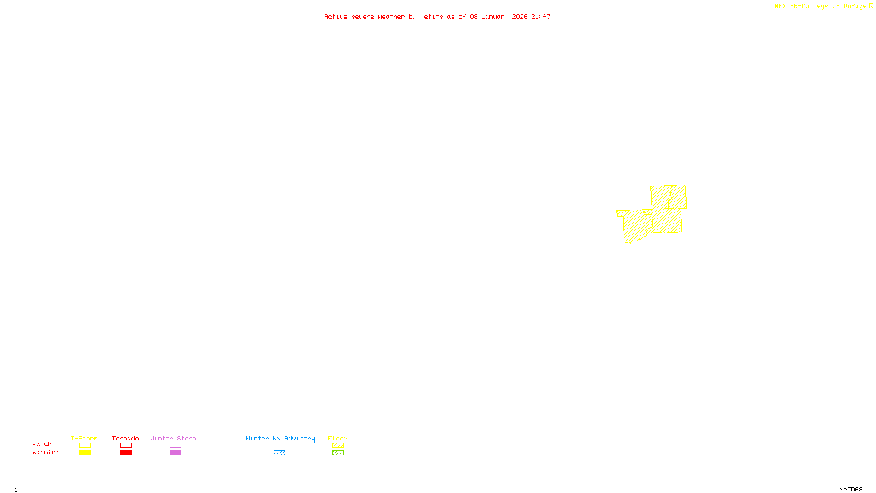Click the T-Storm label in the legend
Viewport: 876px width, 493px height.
pyautogui.click(x=84, y=438)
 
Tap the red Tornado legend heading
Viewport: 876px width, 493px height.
pyautogui.click(x=125, y=438)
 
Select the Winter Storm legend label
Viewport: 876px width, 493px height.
pyautogui.click(x=173, y=438)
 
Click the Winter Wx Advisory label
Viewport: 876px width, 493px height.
pyautogui.click(x=280, y=438)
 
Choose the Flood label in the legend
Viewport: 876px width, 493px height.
pyautogui.click(x=338, y=438)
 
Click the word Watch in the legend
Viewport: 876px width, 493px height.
pyautogui.click(x=42, y=444)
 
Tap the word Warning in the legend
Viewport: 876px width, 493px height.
pyautogui.click(x=46, y=452)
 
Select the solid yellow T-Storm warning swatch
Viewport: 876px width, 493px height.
pyautogui.click(x=85, y=453)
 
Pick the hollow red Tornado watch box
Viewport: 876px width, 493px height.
pyautogui.click(x=126, y=445)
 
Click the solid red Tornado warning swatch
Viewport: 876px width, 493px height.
pyautogui.click(x=126, y=453)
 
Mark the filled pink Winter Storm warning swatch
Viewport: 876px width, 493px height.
pyautogui.click(x=175, y=453)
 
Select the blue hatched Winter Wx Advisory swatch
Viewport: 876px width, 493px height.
pyautogui.click(x=279, y=453)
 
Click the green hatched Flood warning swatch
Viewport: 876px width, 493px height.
pyautogui.click(x=338, y=453)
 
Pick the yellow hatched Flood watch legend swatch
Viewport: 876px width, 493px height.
pyautogui.click(x=338, y=445)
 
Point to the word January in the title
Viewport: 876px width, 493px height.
pyautogui.click(x=495, y=16)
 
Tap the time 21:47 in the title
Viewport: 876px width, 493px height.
pyautogui.click(x=541, y=16)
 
